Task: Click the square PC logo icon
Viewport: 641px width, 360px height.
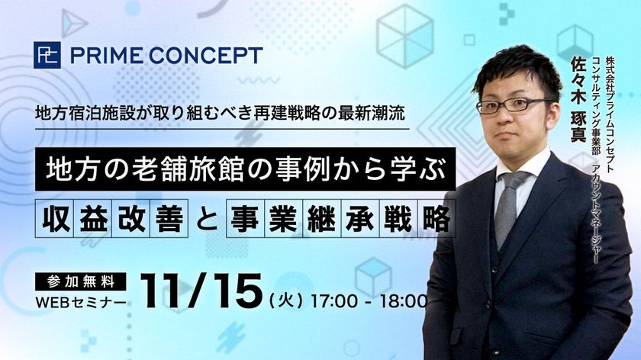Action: pos(47,55)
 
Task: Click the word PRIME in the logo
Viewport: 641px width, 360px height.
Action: pos(107,56)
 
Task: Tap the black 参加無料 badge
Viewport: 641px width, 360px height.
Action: pos(81,281)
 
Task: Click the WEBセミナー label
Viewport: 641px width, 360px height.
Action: pos(81,303)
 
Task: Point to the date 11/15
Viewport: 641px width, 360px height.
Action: pos(201,291)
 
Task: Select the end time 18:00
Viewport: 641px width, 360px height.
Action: pos(403,301)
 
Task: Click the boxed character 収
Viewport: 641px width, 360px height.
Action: pos(55,218)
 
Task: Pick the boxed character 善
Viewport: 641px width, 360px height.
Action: pos(169,218)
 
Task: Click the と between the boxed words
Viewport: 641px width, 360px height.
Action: pos(207,219)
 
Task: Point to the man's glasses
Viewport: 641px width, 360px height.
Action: pos(513,105)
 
